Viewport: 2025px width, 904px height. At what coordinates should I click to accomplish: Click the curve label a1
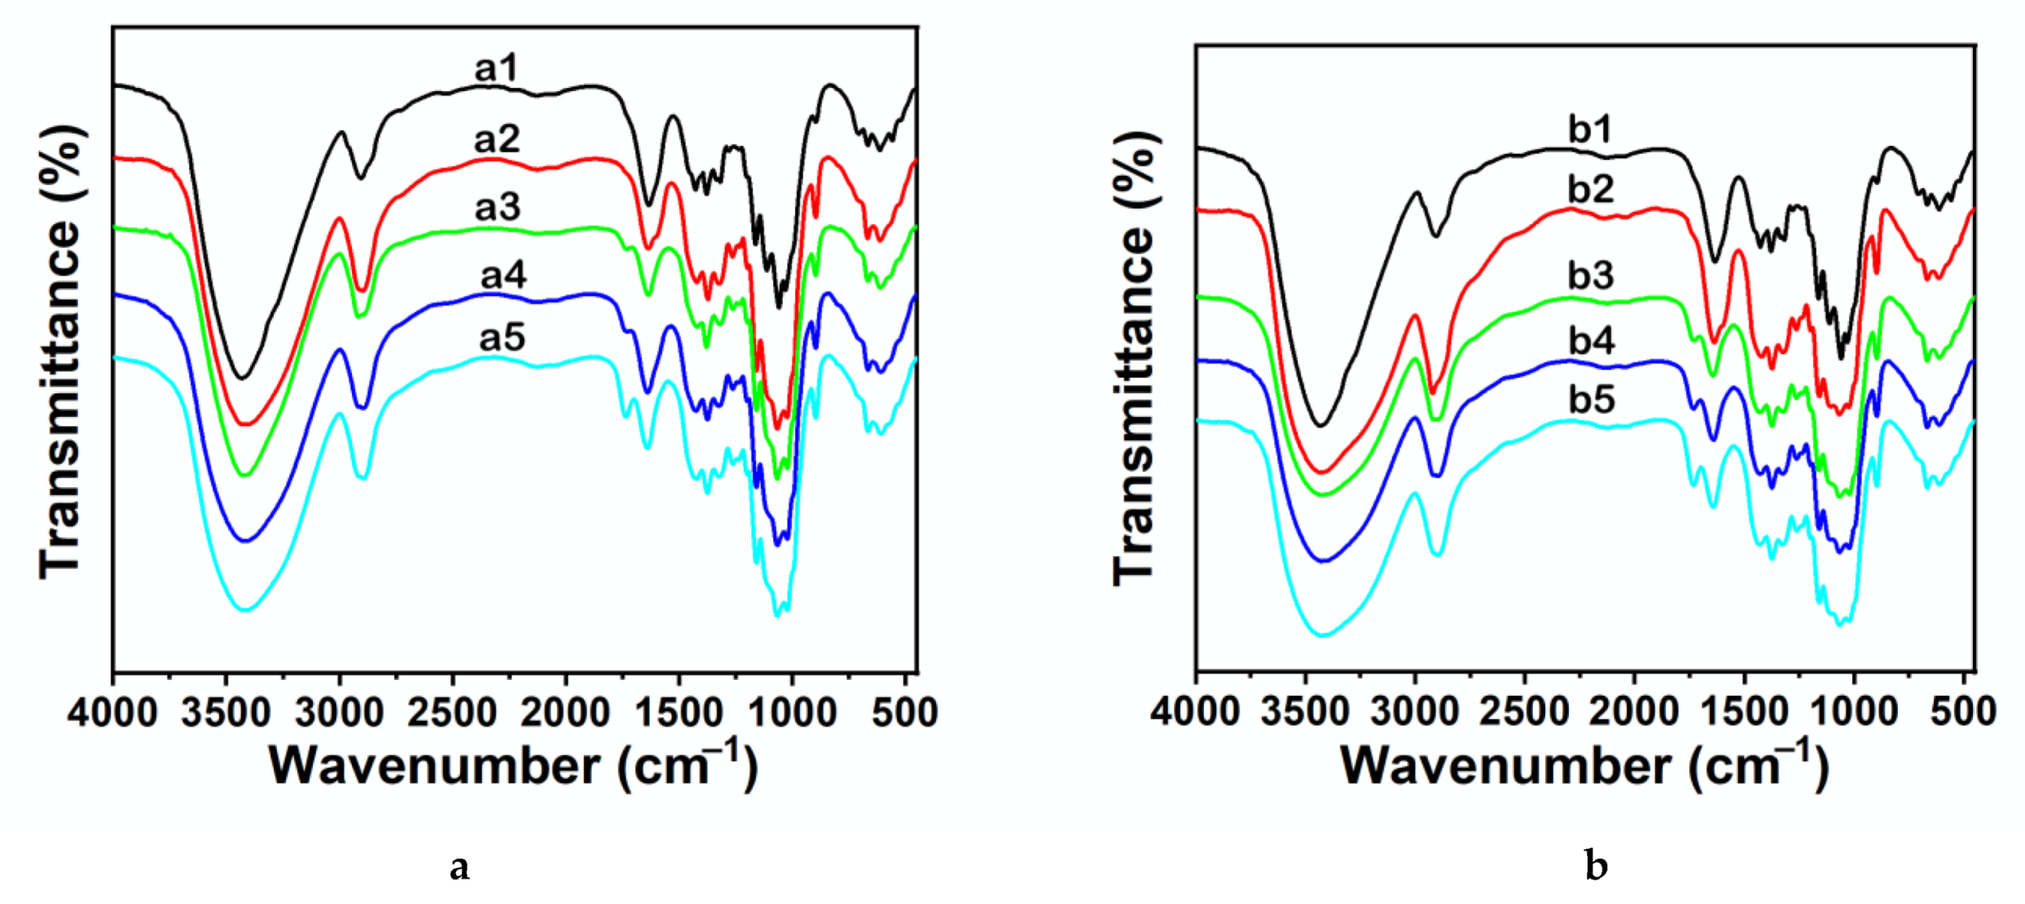tap(496, 69)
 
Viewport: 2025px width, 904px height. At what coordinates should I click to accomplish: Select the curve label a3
tap(498, 208)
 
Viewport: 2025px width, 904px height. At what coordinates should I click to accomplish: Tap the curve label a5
tap(502, 337)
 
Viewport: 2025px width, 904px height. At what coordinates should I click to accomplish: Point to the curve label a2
tap(497, 139)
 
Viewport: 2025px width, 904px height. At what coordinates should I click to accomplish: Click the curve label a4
tap(503, 275)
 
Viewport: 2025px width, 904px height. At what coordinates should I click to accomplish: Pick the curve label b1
tap(1591, 129)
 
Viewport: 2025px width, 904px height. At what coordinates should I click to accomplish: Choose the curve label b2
tap(1591, 189)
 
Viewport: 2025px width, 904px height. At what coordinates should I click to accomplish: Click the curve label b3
tap(1591, 275)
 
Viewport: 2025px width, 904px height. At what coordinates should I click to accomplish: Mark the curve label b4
tap(1592, 340)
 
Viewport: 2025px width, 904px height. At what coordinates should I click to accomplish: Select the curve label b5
tap(1592, 400)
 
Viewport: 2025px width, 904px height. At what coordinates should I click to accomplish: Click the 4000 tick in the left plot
tap(112, 713)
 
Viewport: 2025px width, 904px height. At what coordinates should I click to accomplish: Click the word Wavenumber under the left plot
tap(434, 766)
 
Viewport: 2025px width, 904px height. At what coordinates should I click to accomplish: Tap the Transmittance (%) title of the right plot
tap(1134, 358)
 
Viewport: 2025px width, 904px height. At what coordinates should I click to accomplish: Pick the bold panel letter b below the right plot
tap(1596, 867)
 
